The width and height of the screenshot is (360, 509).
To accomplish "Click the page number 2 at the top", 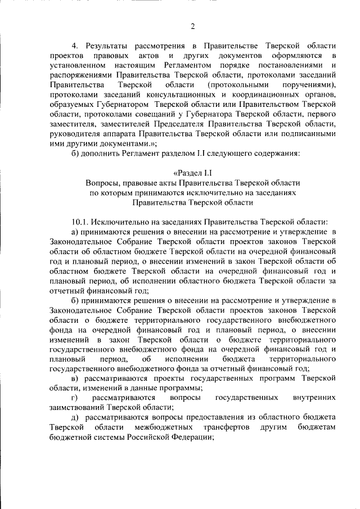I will [192, 26].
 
